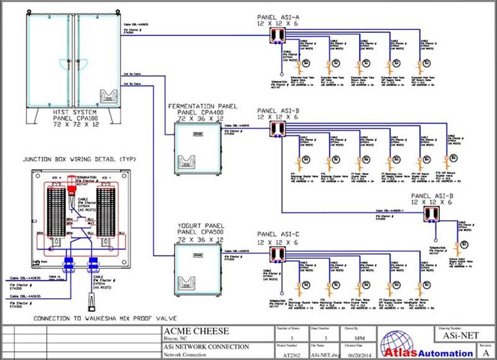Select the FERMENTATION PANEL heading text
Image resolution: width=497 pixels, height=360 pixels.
(203, 106)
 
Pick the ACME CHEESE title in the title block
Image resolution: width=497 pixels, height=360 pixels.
(196, 331)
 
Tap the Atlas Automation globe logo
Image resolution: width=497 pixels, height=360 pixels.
(394, 342)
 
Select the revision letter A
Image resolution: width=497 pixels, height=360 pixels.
(486, 354)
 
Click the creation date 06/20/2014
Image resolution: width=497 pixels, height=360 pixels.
(357, 354)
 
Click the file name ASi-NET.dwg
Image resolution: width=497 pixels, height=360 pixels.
(323, 354)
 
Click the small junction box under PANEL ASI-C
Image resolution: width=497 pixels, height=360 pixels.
(278, 253)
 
